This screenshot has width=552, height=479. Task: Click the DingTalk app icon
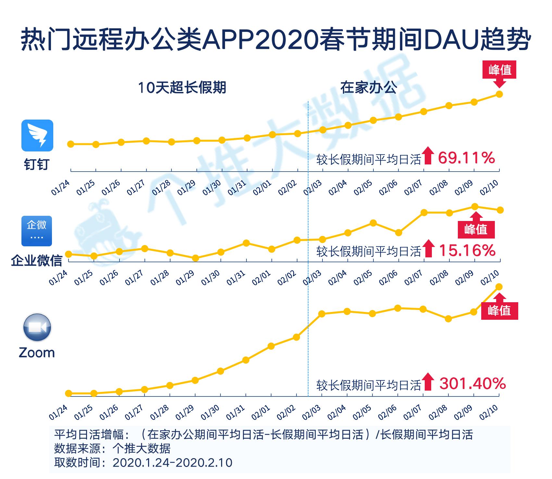point(37,136)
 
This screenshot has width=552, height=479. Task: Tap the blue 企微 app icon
point(37,231)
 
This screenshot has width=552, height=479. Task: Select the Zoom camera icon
point(37,327)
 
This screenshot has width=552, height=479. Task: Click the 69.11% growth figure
point(466,158)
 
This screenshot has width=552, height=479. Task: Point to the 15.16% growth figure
point(467,251)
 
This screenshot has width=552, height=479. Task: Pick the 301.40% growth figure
point(472,384)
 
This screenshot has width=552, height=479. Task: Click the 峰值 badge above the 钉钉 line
point(500,70)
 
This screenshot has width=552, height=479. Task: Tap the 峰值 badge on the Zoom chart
point(499,310)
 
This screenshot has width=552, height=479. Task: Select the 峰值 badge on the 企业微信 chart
point(476,229)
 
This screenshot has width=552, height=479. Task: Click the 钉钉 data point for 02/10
point(500,94)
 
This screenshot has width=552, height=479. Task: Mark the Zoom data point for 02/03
point(322,314)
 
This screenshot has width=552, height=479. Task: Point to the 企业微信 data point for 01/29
point(195,258)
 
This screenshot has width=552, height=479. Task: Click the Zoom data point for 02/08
point(448,319)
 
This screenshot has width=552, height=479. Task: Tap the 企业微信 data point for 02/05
point(373,223)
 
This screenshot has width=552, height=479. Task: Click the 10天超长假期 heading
point(182,88)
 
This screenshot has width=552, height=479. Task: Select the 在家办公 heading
point(369,88)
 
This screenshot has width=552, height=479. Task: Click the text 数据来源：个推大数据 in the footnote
point(112,448)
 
